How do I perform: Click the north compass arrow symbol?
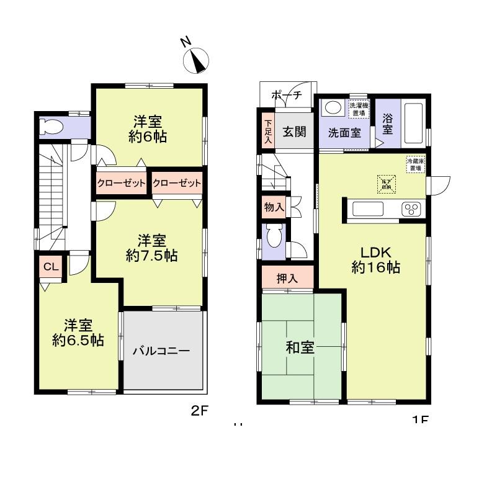[x=197, y=60]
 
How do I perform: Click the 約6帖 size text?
[x=148, y=137]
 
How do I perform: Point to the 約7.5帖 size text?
[x=152, y=256]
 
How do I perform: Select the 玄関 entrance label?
[x=295, y=132]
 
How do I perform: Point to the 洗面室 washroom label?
[x=344, y=133]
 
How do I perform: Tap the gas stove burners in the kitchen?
[x=411, y=209]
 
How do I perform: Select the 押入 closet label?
[x=287, y=279]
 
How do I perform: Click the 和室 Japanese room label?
[x=300, y=348]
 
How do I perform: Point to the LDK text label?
[x=375, y=252]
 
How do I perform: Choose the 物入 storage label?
[x=274, y=208]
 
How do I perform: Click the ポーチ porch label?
[x=287, y=96]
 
